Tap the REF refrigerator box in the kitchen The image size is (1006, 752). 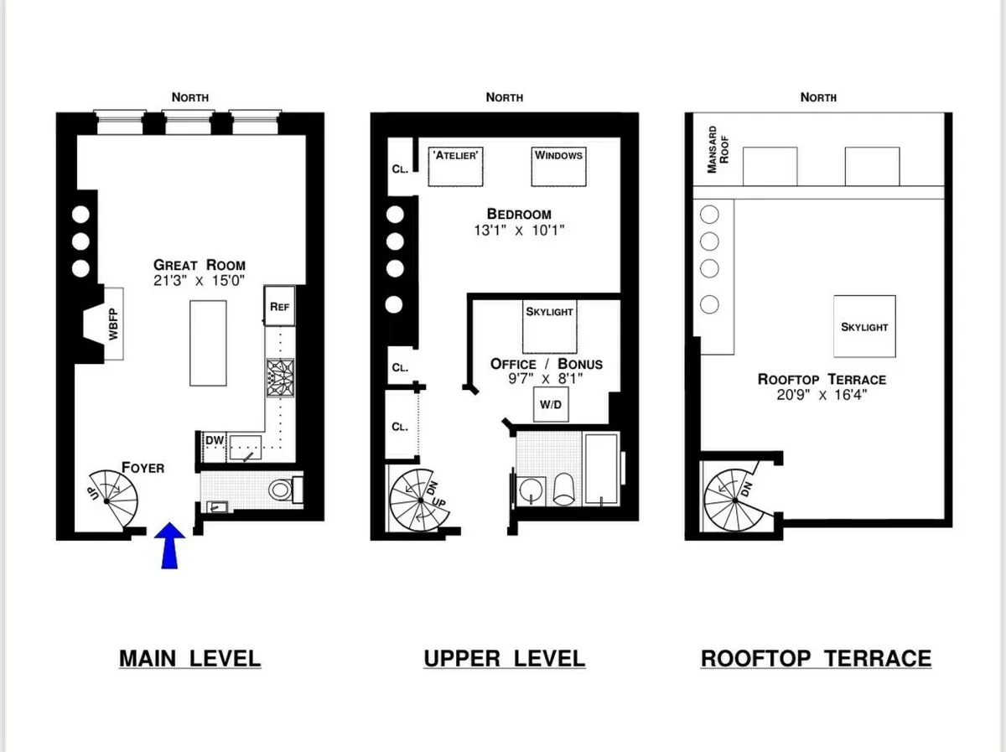[x=279, y=306]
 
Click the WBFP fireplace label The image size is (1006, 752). [x=114, y=324]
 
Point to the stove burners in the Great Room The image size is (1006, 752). [x=277, y=376]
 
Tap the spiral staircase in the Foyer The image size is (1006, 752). [x=113, y=496]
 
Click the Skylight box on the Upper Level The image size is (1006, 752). [x=549, y=324]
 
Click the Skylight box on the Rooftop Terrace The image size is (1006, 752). [x=864, y=326]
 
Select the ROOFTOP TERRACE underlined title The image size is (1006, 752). [x=816, y=658]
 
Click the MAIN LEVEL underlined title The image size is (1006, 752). [x=189, y=658]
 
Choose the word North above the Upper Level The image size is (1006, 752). [x=504, y=97]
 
